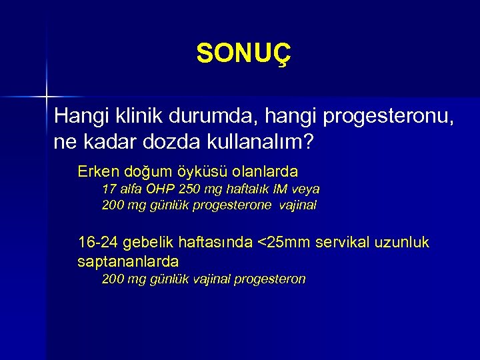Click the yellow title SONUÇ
[x=244, y=54]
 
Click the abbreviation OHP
[x=153, y=189]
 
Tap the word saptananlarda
[x=128, y=260]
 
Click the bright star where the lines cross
[x=47, y=97]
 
